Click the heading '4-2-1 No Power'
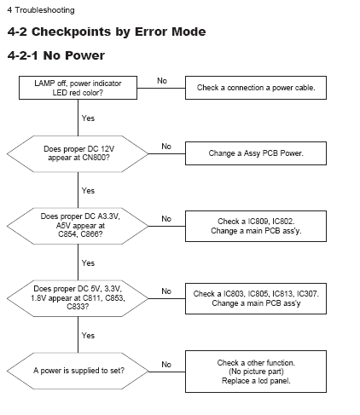pos(56,55)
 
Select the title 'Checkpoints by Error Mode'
pos(119,32)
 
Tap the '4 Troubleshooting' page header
pos(41,10)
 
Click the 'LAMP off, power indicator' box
pos(78,88)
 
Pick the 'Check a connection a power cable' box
pos(256,88)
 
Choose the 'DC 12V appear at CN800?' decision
pos(78,153)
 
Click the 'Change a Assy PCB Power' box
pos(256,153)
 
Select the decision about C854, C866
pos(78,226)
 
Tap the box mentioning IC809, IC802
pos(256,226)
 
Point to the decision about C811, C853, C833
pos(78,298)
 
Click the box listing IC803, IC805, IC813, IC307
pos(256,298)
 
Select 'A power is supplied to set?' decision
pos(78,371)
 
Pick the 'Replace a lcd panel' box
pos(256,372)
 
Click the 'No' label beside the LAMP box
pos(162,81)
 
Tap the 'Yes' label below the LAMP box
pos(88,118)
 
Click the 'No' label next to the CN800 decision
pos(166,147)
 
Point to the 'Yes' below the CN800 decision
pos(88,191)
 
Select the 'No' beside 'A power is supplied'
pos(166,365)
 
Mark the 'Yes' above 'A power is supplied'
pos(88,336)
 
